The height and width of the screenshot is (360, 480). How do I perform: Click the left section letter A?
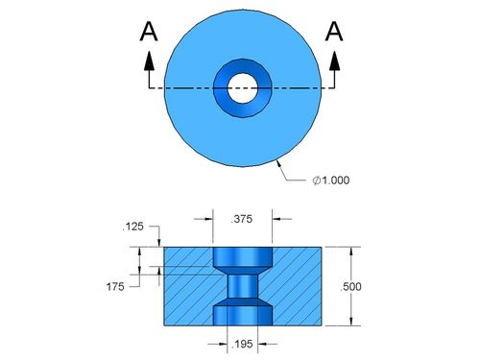[149, 32]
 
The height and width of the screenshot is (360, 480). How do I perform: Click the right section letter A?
[334, 32]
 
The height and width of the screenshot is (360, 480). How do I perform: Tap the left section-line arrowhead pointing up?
[149, 60]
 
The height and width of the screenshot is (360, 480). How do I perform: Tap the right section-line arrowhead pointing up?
[335, 60]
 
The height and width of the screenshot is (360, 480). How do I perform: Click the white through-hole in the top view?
[243, 88]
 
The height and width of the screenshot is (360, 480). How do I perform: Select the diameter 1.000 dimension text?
[331, 180]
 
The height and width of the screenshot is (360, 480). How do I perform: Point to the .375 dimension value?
[242, 219]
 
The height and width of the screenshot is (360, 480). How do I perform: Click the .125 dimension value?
[133, 227]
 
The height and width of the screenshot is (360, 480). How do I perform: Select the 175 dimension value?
[115, 287]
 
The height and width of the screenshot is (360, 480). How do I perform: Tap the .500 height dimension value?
[350, 287]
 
